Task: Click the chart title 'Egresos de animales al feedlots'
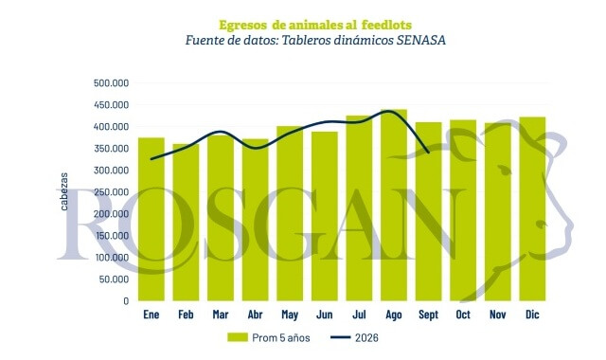pos(315,26)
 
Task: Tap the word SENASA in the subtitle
pos(420,40)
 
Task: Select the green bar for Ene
pos(151,219)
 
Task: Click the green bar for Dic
pos(532,208)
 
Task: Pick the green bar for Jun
pos(324,216)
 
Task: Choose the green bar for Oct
pos(463,210)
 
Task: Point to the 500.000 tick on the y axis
pos(112,83)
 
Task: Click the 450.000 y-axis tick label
pos(112,105)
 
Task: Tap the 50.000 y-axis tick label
pos(114,279)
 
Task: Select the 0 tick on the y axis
pos(126,301)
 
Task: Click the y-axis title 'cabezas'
pos(64,191)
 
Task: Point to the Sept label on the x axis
pos(428,315)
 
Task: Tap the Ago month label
pos(394,315)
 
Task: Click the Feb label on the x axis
pos(186,315)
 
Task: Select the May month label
pos(290,315)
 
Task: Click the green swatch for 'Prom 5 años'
pos(238,337)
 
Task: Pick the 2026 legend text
pos(366,338)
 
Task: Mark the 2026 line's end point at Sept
pos(429,153)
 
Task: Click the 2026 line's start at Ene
pos(151,159)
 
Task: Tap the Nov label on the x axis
pos(497,315)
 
